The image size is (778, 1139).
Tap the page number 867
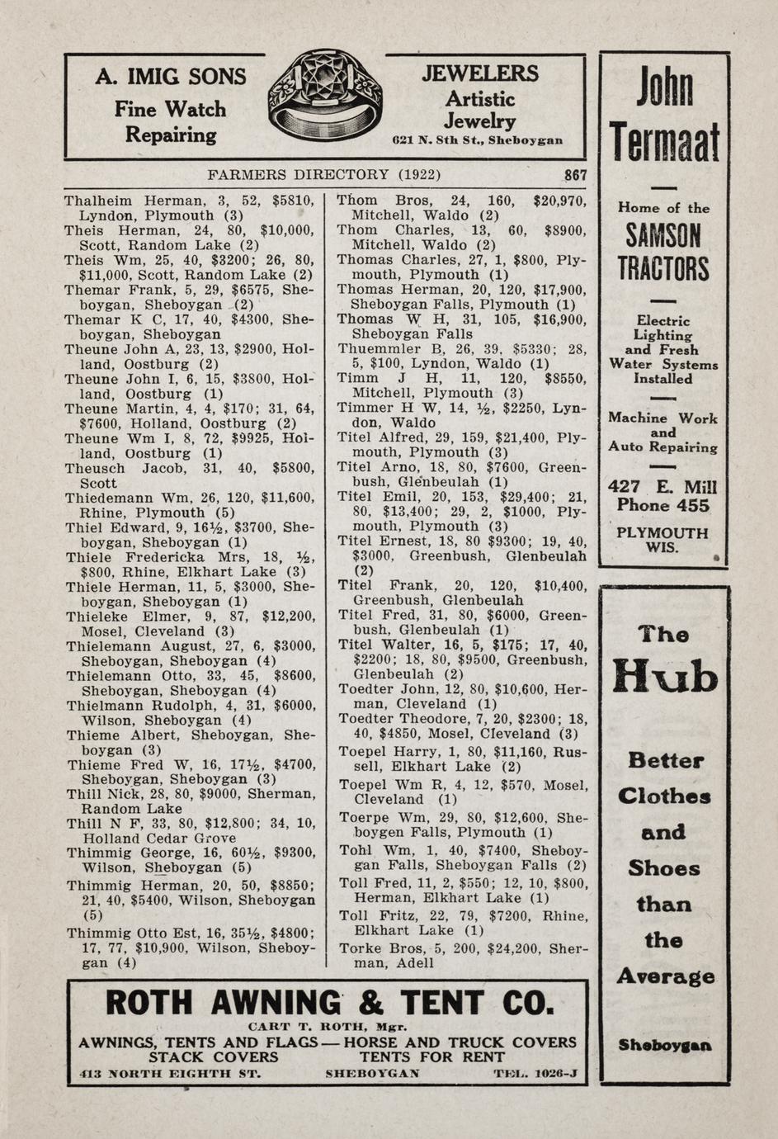point(575,175)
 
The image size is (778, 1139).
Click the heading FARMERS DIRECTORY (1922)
point(323,175)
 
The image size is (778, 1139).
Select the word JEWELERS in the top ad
point(480,74)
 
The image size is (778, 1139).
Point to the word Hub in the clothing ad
point(665,677)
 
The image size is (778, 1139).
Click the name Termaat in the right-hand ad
point(665,143)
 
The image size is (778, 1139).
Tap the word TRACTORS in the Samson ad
point(663,269)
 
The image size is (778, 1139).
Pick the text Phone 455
point(662,506)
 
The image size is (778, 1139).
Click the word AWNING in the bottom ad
point(276,1004)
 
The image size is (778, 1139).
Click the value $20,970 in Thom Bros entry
point(559,201)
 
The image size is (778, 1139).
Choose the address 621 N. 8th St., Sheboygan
point(478,140)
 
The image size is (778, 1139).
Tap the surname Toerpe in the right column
point(365,818)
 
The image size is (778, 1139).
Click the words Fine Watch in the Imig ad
point(170,109)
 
